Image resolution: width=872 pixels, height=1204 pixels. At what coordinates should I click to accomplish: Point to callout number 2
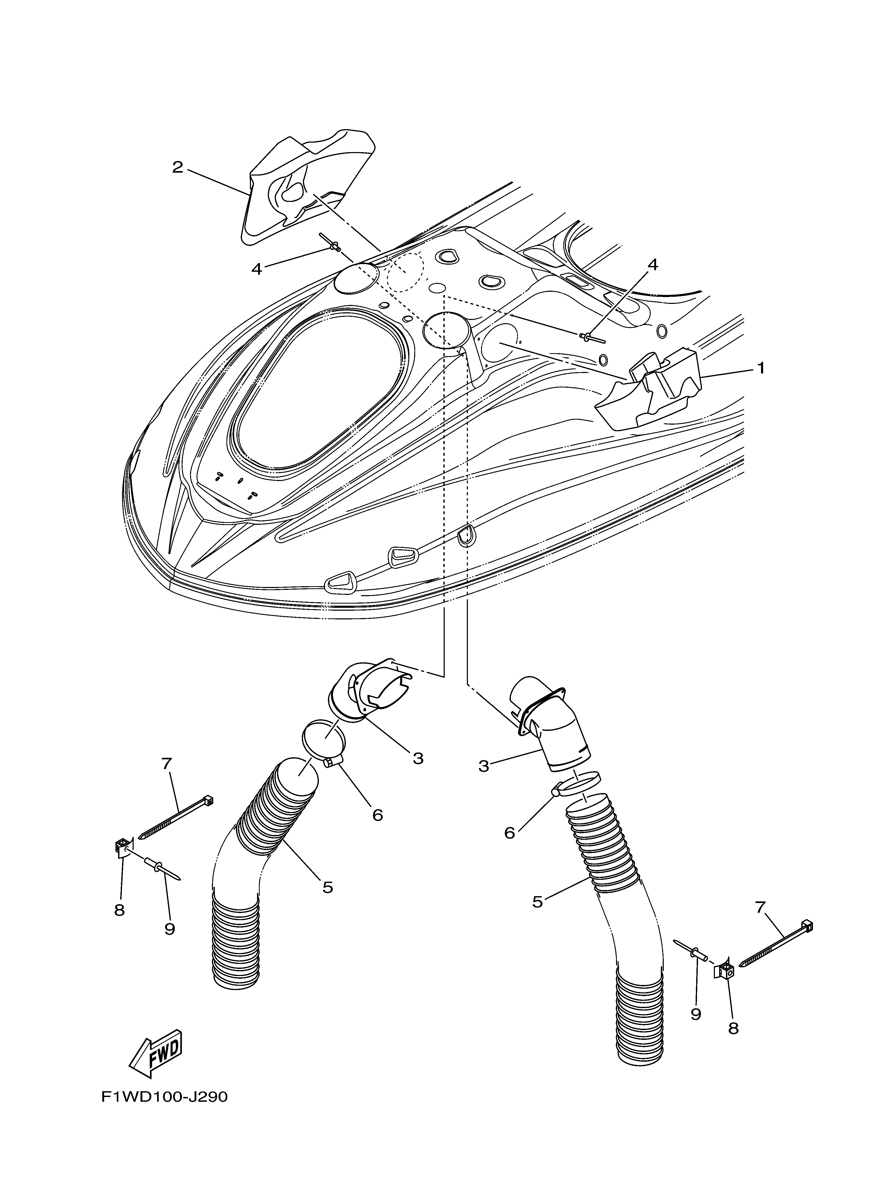pyautogui.click(x=177, y=168)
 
